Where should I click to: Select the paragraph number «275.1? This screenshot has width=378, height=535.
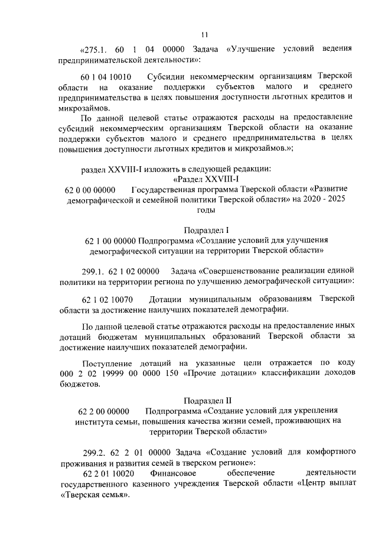pyautogui.click(x=93, y=48)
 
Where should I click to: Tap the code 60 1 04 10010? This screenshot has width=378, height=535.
pyautogui.click(x=107, y=77)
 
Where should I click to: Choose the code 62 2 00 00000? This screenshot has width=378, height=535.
pyautogui.click(x=103, y=410)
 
